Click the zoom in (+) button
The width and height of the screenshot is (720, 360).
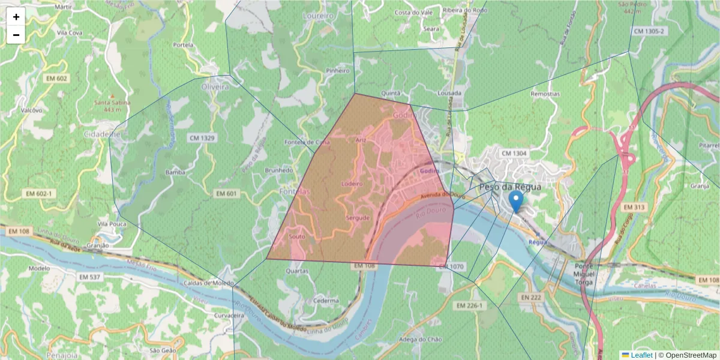click(16, 17)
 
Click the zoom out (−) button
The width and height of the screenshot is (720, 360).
click(16, 35)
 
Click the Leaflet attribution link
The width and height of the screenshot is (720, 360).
click(641, 355)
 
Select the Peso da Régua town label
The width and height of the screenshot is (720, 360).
click(510, 187)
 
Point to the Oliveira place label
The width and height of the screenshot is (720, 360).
click(215, 87)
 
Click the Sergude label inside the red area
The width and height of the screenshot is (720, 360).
click(358, 217)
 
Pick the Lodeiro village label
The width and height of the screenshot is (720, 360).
click(352, 184)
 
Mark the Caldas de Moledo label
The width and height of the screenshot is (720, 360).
click(210, 283)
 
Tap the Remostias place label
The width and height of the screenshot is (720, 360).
click(545, 94)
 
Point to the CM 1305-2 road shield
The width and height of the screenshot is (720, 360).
click(649, 31)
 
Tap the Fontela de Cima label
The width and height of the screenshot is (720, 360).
click(307, 142)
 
